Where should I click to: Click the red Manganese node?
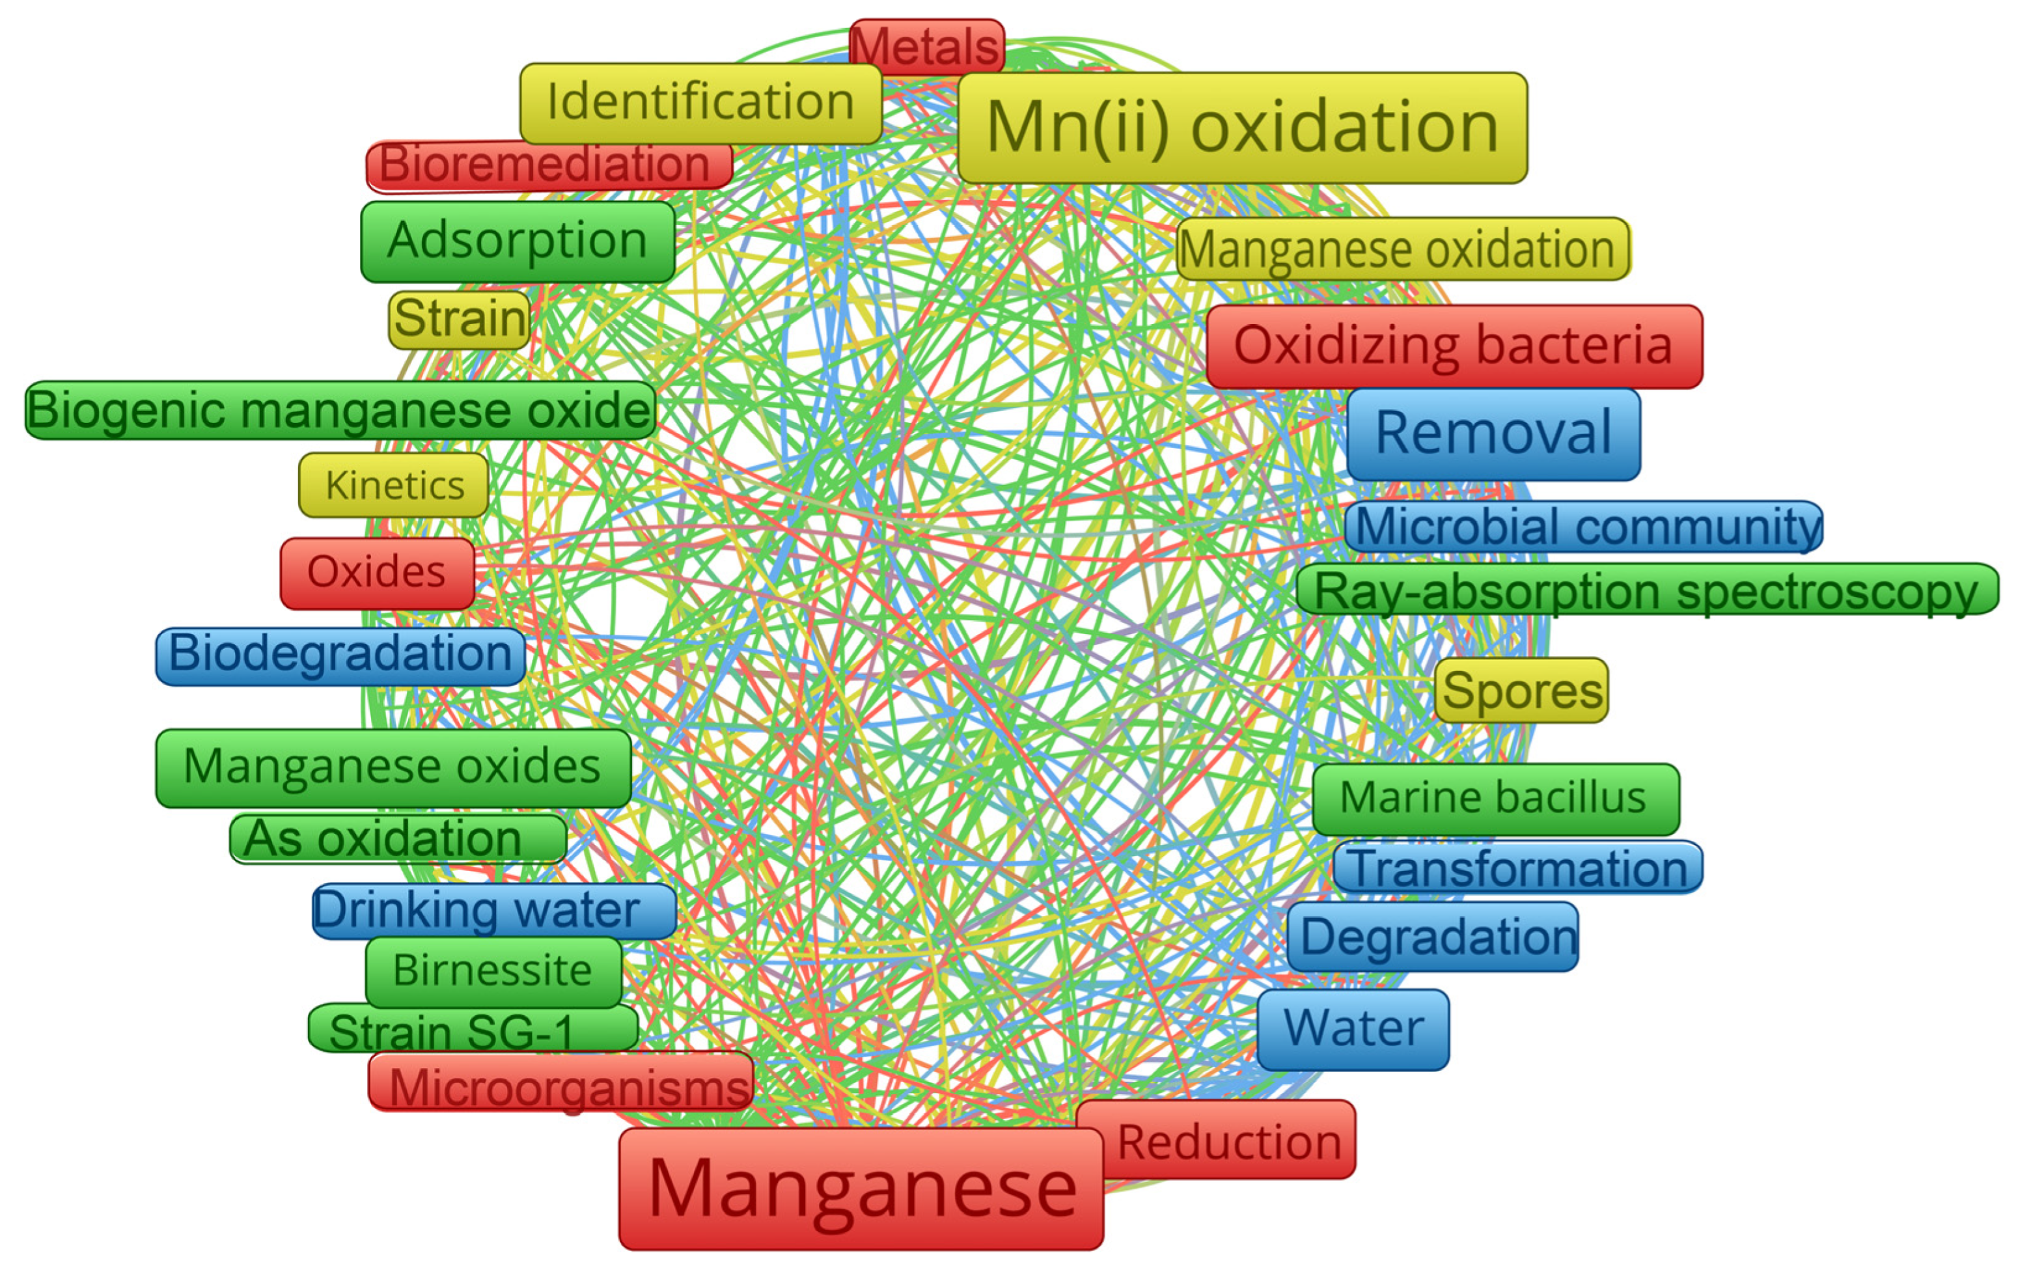[861, 1189]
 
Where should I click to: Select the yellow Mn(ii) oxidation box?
[1242, 128]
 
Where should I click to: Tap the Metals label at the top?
[926, 46]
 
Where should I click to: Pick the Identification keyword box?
[700, 102]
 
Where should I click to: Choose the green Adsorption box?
[518, 241]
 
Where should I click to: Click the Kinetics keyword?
[394, 485]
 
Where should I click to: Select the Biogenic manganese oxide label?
[339, 411]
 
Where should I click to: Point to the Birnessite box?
[493, 971]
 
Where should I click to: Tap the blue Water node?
[1353, 1029]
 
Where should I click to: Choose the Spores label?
[1522, 691]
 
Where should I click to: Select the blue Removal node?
[1493, 434]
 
